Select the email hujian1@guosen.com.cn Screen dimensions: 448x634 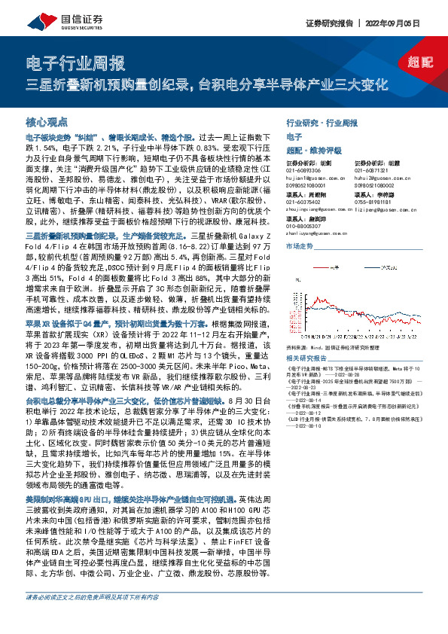[310, 177]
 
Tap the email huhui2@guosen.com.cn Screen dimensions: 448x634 [379, 177]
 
